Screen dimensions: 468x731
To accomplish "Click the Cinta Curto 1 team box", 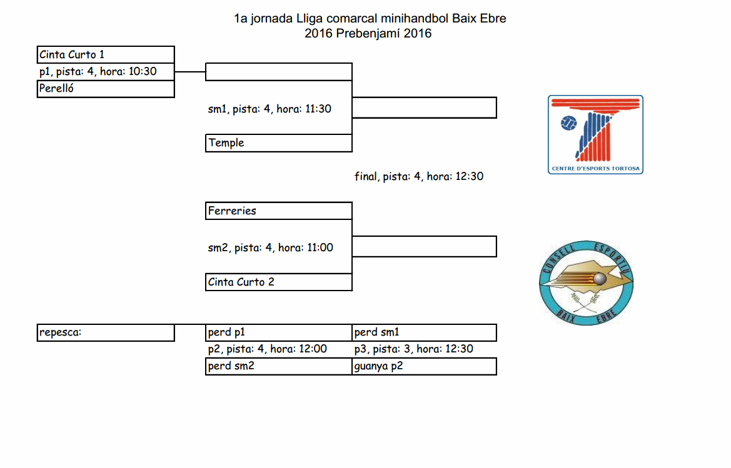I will click(x=105, y=55).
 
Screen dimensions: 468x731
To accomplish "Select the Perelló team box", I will click(x=105, y=89).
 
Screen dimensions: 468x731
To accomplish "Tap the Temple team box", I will click(x=278, y=143).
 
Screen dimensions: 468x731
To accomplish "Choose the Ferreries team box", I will click(x=278, y=211).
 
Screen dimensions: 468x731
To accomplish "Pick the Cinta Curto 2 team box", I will click(x=278, y=282).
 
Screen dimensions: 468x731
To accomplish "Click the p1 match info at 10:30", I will click(x=98, y=72).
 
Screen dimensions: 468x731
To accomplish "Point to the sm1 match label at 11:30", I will click(x=270, y=109).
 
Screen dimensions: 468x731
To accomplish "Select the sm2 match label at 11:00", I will click(x=270, y=248).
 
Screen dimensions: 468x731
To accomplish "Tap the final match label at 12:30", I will click(x=418, y=177).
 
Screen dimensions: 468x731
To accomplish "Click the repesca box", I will click(x=105, y=333).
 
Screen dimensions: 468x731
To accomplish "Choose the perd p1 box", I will click(x=278, y=333).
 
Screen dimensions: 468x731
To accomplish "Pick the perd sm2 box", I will click(x=278, y=366).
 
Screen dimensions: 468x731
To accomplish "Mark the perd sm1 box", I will click(x=424, y=333).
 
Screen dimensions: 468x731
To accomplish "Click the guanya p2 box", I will click(x=424, y=366).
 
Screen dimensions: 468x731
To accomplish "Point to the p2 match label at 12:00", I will click(x=267, y=349).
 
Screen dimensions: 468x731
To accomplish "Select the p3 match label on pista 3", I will click(x=413, y=349).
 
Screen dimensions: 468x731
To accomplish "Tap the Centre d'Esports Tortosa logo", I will click(x=595, y=134).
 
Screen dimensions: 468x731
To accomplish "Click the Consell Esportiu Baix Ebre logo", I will click(x=586, y=282).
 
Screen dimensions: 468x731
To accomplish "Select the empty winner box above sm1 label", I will click(x=278, y=72).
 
